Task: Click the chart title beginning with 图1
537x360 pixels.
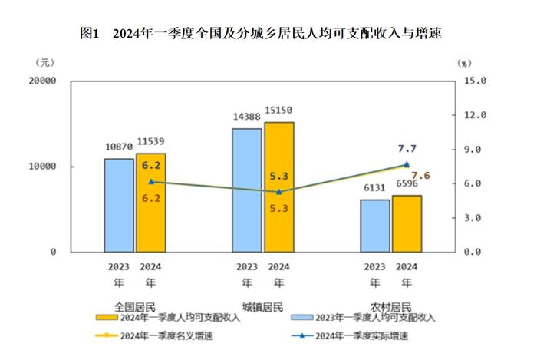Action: click(x=260, y=34)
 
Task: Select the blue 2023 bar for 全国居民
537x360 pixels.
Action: click(x=119, y=205)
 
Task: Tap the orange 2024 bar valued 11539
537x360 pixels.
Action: click(x=151, y=203)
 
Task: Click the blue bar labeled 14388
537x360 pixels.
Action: click(x=247, y=190)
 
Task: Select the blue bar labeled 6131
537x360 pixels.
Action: click(x=374, y=226)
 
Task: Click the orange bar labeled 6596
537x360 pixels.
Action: click(x=407, y=223)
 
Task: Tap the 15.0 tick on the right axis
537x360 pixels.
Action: click(x=477, y=81)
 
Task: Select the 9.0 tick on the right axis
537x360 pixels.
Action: click(x=477, y=150)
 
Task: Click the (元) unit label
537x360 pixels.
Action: click(x=44, y=62)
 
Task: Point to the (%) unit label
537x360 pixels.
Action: click(x=464, y=62)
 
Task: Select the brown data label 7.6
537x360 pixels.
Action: click(x=420, y=176)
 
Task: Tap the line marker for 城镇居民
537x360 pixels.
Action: click(x=279, y=192)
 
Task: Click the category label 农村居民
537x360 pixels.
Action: click(x=390, y=305)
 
